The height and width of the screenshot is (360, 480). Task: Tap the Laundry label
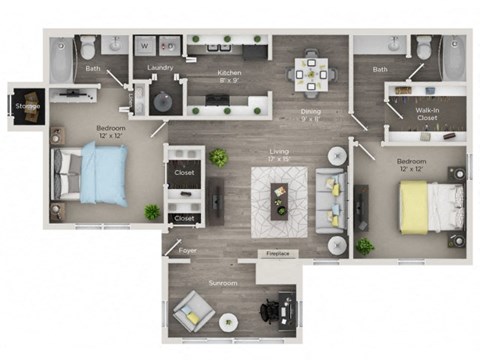[160, 69]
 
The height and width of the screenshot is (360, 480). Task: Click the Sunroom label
[222, 284]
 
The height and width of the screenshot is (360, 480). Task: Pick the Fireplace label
[276, 254]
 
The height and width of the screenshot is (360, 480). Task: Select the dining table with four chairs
[311, 71]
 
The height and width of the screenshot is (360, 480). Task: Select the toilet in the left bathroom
[88, 46]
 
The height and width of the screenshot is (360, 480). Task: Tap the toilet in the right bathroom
[424, 47]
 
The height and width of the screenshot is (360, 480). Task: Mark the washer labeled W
[145, 46]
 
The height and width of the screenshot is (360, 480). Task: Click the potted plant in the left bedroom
[152, 212]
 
